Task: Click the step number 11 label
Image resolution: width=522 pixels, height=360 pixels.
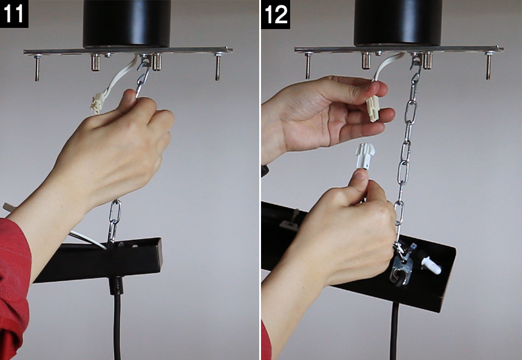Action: pyautogui.click(x=14, y=13)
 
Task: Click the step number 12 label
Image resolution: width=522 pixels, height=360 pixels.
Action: pyautogui.click(x=276, y=14)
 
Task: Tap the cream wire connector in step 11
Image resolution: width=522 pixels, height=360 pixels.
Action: pyautogui.click(x=97, y=103)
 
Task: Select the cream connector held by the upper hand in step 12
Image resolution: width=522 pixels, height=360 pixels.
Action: pyautogui.click(x=373, y=108)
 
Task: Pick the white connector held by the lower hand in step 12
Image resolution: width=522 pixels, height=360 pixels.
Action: pyautogui.click(x=365, y=156)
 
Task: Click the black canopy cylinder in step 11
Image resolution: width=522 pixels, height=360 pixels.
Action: pyautogui.click(x=126, y=23)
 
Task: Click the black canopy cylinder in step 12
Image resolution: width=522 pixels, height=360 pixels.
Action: pyautogui.click(x=398, y=22)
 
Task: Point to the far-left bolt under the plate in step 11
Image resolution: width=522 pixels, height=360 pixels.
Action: pyautogui.click(x=37, y=67)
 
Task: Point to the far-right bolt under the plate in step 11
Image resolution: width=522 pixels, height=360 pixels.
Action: pyautogui.click(x=218, y=66)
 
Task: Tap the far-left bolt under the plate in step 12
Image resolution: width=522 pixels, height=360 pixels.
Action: pyautogui.click(x=308, y=65)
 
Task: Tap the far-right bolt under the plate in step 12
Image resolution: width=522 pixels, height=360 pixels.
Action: pyautogui.click(x=489, y=65)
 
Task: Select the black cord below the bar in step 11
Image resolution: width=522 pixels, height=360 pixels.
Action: pyautogui.click(x=117, y=320)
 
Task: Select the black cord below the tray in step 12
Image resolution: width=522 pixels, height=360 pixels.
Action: pyautogui.click(x=394, y=331)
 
